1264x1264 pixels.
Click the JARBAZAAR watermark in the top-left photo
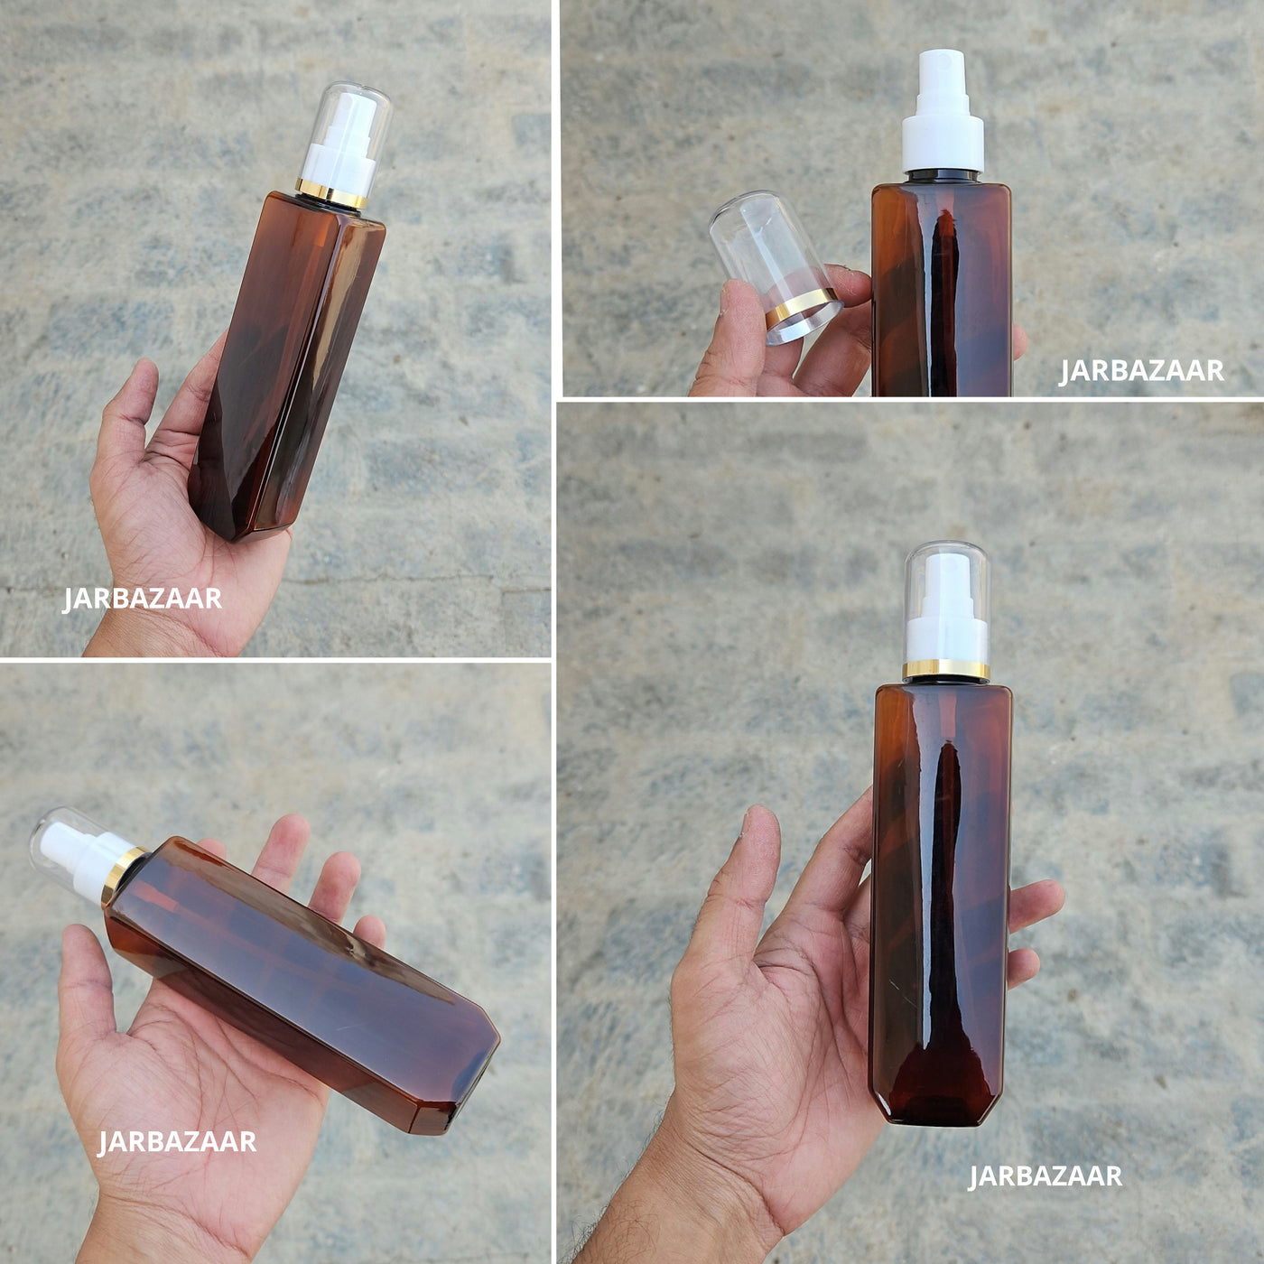pos(143,599)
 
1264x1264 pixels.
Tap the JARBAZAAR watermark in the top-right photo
pos(1141,370)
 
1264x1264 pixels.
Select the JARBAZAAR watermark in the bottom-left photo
pos(177,1142)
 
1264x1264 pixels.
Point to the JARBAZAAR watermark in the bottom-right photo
pos(1046,1176)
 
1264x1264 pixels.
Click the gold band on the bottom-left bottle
pos(122,877)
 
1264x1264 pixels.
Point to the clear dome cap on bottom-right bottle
pos(946,602)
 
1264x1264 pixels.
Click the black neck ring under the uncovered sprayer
pos(943,177)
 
